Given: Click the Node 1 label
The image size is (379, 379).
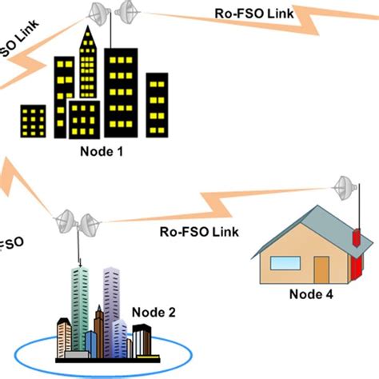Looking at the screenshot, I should point(102,151).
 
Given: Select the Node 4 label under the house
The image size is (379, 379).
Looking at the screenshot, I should point(311,293).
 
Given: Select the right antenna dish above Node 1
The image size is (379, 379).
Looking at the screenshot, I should point(126,12).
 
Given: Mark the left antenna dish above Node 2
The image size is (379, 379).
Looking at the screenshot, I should point(63,217).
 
